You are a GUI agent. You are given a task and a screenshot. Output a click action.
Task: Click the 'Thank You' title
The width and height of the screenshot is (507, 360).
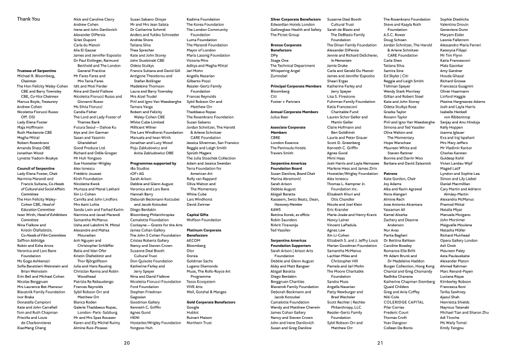tap(27, 20)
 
